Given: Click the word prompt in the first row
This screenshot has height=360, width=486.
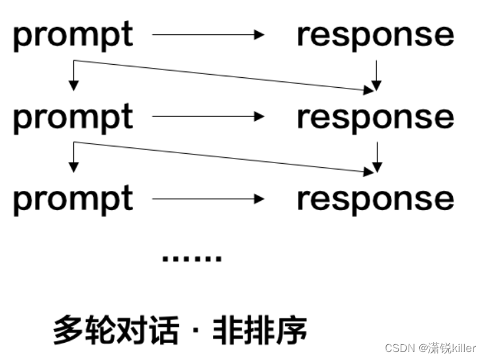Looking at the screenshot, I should click(x=73, y=36).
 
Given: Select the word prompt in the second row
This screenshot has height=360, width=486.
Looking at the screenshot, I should click(x=73, y=118).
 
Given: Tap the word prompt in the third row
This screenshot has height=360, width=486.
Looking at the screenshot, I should click(x=73, y=199).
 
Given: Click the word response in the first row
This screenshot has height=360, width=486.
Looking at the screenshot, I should click(x=375, y=36).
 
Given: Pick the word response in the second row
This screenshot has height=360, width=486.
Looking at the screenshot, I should click(x=375, y=118).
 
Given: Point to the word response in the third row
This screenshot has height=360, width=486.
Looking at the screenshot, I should click(x=375, y=199).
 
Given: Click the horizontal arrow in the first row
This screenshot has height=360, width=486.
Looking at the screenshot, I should click(x=208, y=35).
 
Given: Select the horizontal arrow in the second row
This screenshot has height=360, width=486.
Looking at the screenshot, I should click(x=208, y=117).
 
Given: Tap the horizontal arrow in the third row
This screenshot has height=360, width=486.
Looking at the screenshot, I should click(x=208, y=198).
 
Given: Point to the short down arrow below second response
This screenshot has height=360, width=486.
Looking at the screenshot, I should click(x=376, y=157).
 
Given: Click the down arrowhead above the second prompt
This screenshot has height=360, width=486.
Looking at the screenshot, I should click(x=74, y=85).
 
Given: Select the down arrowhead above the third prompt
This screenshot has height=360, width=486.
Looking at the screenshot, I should click(x=74, y=166).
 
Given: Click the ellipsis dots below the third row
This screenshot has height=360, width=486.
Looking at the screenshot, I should click(x=192, y=258).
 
